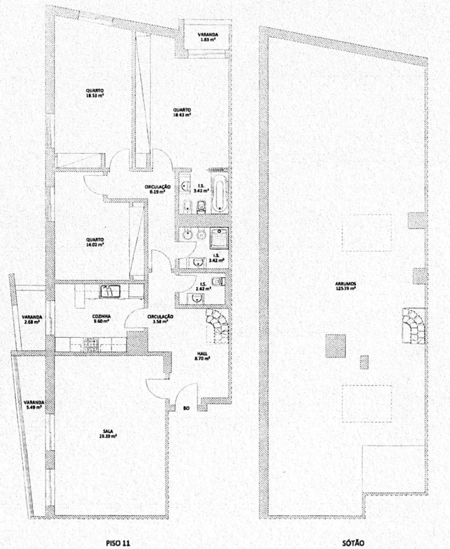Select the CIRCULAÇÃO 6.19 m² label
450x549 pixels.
[x=158, y=188]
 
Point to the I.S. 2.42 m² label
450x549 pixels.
[x=202, y=286]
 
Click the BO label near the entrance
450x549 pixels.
[x=186, y=409]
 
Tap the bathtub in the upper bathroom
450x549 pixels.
[x=219, y=192]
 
